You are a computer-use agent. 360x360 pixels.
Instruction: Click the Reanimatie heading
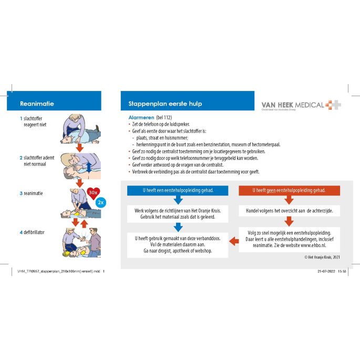[37, 104]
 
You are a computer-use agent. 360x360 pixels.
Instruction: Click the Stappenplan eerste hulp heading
[161, 104]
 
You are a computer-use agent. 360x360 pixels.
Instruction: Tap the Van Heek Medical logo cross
[333, 104]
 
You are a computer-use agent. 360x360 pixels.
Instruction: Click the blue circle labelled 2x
[101, 202]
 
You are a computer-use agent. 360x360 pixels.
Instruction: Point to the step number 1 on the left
[21, 119]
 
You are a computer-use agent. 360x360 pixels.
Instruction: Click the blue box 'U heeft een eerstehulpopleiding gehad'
[178, 190]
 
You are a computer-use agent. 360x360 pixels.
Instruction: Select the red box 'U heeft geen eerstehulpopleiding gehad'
[289, 190]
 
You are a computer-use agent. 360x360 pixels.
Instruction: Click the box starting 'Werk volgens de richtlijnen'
[178, 213]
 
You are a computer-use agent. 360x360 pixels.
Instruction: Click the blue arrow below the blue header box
[178, 200]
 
